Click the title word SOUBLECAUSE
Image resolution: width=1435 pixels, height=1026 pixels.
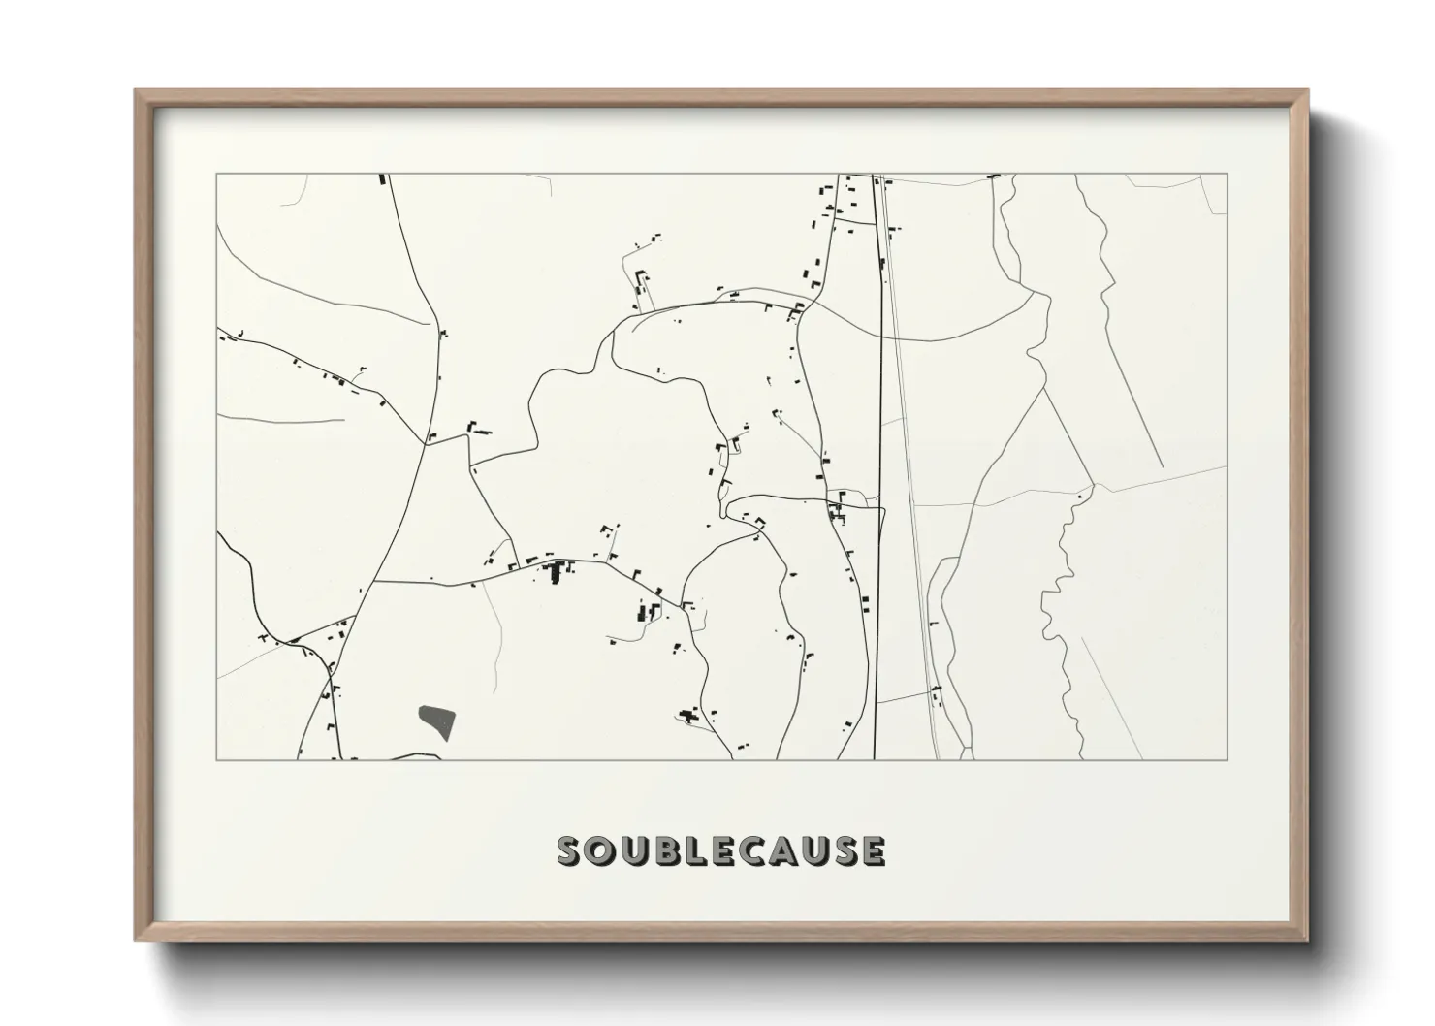click(x=720, y=850)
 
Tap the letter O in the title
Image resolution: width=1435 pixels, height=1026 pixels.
click(x=602, y=850)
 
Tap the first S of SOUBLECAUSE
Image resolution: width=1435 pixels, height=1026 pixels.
click(x=571, y=850)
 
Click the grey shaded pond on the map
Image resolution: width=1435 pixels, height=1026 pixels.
click(x=437, y=721)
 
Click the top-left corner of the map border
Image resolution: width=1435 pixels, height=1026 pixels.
click(x=216, y=174)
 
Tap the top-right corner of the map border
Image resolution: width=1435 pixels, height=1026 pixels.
click(x=1228, y=174)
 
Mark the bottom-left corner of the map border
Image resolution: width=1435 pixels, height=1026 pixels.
click(x=216, y=759)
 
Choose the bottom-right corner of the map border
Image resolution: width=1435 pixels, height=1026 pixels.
click(x=1228, y=759)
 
